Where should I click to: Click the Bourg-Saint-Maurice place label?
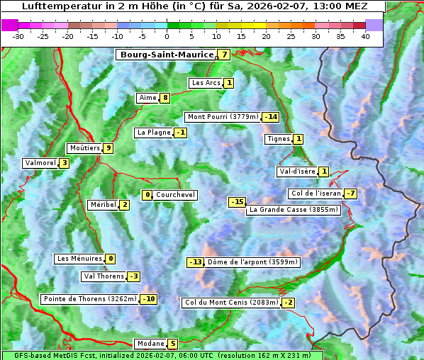point(167,55)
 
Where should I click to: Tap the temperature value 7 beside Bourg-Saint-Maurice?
point(224,55)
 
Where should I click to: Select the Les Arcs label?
point(206,83)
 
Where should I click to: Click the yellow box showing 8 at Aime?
point(164,98)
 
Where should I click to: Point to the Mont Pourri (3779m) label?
point(222,117)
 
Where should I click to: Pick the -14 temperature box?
point(270,117)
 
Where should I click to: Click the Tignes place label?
point(278,139)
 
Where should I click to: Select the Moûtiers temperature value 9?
point(108,148)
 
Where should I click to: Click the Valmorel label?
point(40,163)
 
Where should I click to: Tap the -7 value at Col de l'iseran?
point(350,194)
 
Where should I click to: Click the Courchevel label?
point(175,195)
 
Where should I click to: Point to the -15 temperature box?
point(237,202)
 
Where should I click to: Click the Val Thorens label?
point(104,276)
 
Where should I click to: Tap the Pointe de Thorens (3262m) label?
point(89,299)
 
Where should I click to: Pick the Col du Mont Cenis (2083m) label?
point(230,303)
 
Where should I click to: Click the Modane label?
point(150,344)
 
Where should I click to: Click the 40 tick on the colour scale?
point(365,36)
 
